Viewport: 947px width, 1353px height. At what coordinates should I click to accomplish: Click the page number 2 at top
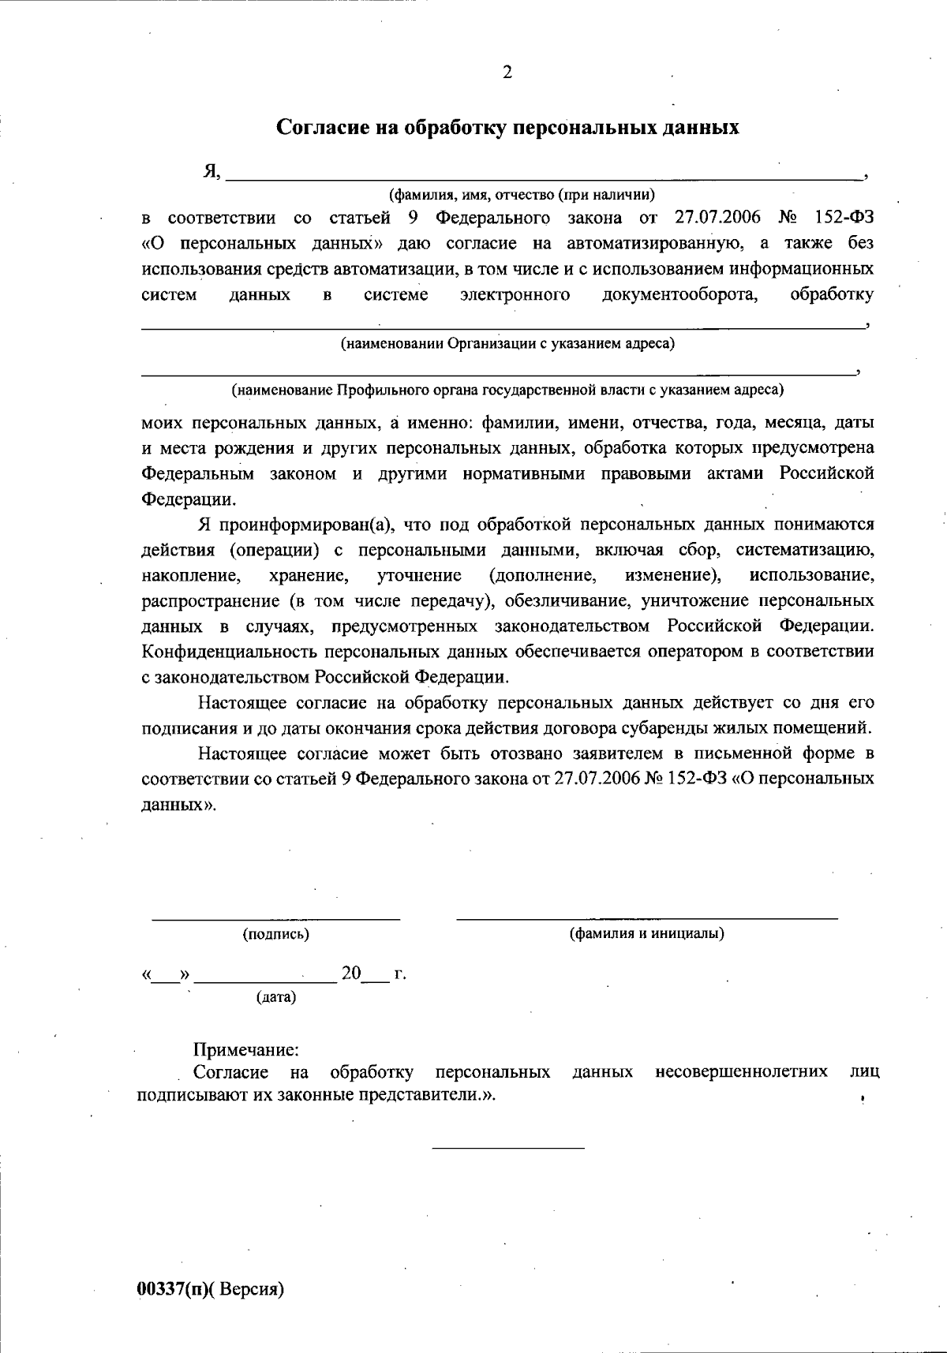coord(507,73)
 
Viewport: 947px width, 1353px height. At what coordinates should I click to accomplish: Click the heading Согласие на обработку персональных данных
coord(507,128)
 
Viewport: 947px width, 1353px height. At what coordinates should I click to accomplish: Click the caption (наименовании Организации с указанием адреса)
coord(507,344)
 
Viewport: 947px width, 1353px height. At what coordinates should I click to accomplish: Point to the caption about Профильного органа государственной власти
coord(507,390)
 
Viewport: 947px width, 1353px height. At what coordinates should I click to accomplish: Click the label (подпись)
coord(275,935)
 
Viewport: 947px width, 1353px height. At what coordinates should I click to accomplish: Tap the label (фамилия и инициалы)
coord(647,934)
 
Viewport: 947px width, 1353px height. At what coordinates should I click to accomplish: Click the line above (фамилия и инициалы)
coord(647,918)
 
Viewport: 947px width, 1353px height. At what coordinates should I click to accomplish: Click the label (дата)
coord(276,997)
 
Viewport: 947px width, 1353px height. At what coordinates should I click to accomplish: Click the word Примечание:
coord(246,1050)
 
